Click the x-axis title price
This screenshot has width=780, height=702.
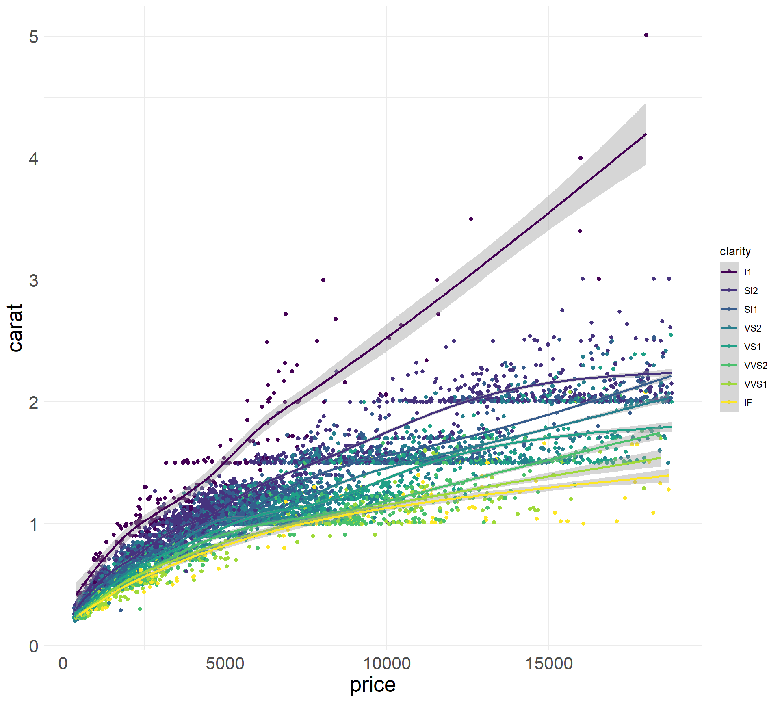[x=373, y=685]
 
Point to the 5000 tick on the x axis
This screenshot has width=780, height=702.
[x=225, y=664]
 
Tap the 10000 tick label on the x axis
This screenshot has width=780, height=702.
[x=387, y=664]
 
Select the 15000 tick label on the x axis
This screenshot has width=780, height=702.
[x=549, y=664]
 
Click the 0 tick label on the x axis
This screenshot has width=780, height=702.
[x=63, y=664]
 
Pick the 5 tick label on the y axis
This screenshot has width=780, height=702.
[x=34, y=37]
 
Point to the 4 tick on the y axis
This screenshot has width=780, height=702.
[x=34, y=159]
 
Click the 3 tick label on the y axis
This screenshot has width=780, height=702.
[x=34, y=281]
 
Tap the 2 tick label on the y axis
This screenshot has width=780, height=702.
[x=34, y=403]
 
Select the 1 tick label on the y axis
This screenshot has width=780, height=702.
[x=34, y=524]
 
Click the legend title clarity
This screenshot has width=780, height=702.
[x=735, y=251]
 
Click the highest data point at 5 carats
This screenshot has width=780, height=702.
[x=646, y=35]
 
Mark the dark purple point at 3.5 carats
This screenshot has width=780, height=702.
[x=471, y=219]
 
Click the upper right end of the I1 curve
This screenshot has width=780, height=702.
[x=646, y=134]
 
